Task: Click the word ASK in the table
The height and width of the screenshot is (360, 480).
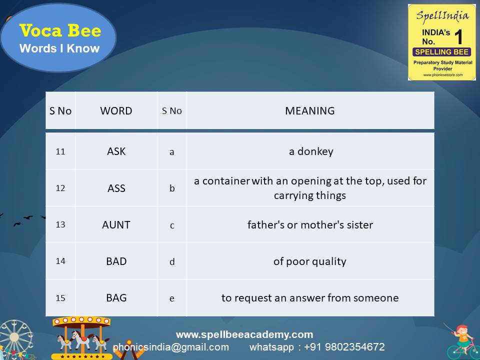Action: (x=116, y=151)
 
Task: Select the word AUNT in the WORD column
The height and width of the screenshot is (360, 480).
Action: (x=116, y=224)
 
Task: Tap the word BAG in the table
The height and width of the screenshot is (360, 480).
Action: (x=116, y=297)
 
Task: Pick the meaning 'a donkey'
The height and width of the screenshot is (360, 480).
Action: (x=310, y=151)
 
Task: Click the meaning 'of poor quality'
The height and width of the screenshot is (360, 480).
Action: (x=309, y=261)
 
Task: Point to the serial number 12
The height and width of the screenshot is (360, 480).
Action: (x=60, y=188)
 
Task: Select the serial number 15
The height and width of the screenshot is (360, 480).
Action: (x=60, y=298)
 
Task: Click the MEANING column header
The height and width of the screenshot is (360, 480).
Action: (x=309, y=111)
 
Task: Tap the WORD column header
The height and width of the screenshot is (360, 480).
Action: (x=116, y=111)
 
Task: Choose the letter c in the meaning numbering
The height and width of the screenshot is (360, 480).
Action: (x=172, y=225)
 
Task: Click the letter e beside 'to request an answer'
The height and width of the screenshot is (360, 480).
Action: (x=172, y=298)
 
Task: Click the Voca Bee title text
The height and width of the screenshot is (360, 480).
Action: (x=60, y=31)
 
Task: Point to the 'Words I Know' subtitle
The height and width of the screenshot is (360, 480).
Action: (x=59, y=48)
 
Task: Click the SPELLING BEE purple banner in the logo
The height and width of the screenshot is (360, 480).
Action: (x=441, y=52)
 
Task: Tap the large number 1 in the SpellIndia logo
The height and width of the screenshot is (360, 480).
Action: (x=458, y=37)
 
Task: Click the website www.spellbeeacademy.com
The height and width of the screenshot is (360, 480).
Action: (x=244, y=334)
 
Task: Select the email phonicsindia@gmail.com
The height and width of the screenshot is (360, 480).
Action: (x=171, y=347)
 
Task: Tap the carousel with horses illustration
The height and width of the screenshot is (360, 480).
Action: (x=82, y=337)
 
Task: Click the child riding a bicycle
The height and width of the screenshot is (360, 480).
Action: (x=461, y=341)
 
